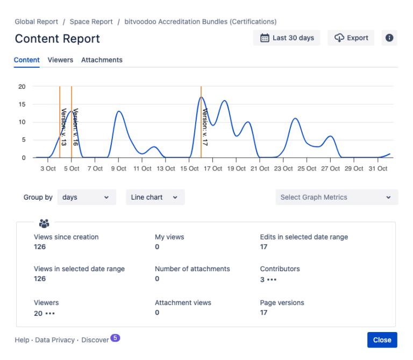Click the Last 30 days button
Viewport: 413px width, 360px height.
[287, 38]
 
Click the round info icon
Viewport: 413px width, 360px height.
[389, 38]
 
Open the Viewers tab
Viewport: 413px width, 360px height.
[60, 60]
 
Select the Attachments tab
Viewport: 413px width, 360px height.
[102, 60]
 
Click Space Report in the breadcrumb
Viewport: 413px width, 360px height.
[91, 22]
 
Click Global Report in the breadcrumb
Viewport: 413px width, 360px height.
[36, 22]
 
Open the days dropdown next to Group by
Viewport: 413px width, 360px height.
[86, 197]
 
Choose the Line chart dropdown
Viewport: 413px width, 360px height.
[155, 197]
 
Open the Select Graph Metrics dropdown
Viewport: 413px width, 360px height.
[336, 197]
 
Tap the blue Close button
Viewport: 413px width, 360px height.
[382, 340]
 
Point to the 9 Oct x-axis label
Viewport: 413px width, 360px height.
[118, 168]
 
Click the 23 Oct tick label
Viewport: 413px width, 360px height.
[283, 168]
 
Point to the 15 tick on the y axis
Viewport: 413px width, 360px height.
[22, 104]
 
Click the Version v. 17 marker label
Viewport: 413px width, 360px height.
[205, 127]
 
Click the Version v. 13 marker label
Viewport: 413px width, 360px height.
[63, 127]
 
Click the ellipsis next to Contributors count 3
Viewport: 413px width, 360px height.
[272, 280]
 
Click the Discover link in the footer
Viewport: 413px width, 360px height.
[95, 340]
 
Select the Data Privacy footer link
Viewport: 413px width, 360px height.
[55, 340]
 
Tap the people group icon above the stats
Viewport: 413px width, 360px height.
[45, 223]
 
